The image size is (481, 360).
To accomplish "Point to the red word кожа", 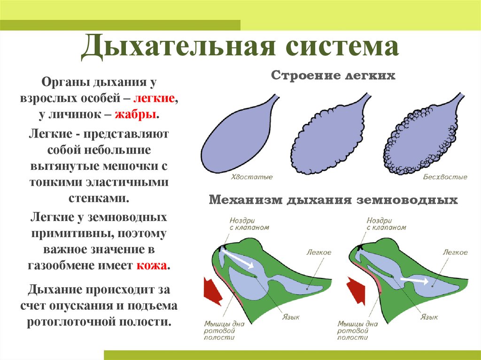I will click(x=151, y=266).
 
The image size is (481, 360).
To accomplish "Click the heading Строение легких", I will click(x=333, y=76).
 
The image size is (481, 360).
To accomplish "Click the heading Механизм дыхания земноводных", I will click(x=333, y=200).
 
